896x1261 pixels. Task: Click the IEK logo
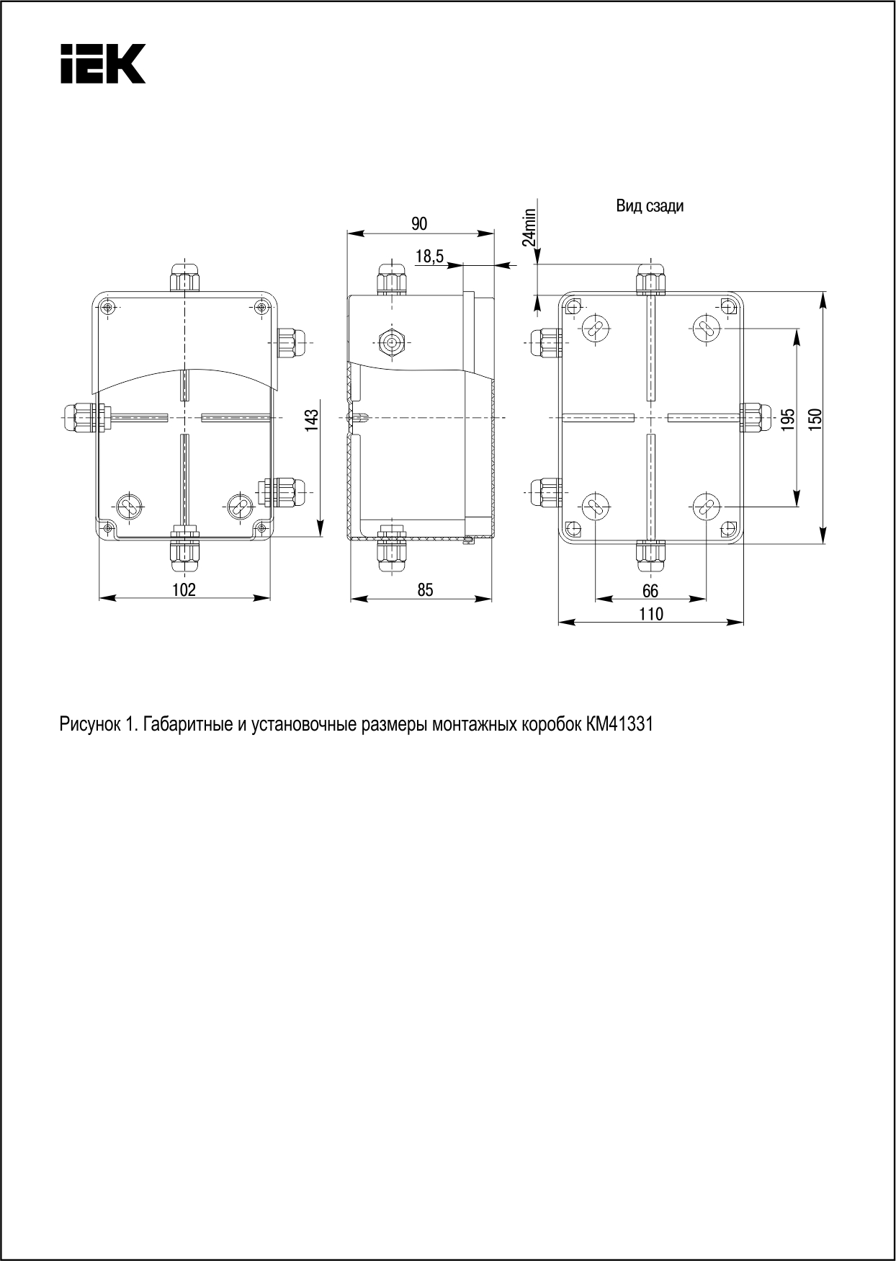(x=102, y=63)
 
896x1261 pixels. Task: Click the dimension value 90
(x=419, y=223)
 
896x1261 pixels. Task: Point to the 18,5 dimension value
(x=429, y=256)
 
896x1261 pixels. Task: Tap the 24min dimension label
(x=529, y=227)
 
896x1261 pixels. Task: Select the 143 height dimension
(x=311, y=420)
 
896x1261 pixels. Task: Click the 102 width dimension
(x=184, y=589)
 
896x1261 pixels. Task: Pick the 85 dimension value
(x=425, y=589)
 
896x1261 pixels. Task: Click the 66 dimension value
(x=650, y=591)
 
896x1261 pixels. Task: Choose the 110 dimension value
(x=650, y=614)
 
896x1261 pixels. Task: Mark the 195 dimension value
(x=788, y=420)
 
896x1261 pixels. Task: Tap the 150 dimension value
(x=815, y=420)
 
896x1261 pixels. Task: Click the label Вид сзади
(x=650, y=206)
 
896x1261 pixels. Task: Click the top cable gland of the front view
(x=184, y=277)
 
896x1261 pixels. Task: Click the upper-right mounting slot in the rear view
(x=706, y=329)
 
